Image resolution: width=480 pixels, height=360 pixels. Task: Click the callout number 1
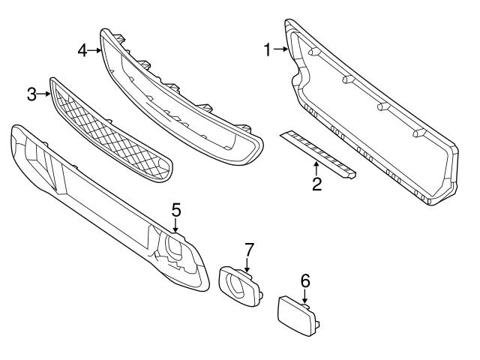(267, 50)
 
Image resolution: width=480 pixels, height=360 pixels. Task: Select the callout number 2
(317, 183)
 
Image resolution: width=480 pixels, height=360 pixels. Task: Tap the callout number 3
(31, 94)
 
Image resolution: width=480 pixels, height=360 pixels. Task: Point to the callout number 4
(82, 50)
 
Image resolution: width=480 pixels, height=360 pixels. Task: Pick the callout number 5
(175, 209)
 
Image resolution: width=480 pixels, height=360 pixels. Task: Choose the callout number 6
(305, 281)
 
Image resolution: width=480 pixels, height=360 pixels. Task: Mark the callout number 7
(250, 248)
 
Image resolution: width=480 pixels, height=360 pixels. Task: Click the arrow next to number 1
(280, 50)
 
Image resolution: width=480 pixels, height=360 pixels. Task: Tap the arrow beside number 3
(45, 94)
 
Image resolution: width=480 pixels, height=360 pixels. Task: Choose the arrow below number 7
(247, 263)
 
